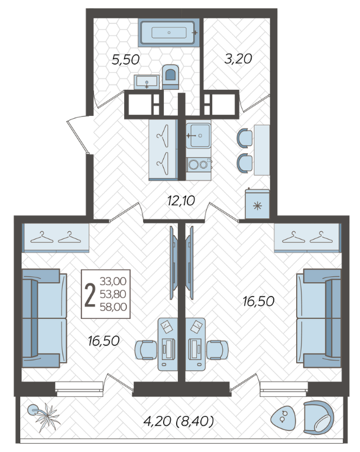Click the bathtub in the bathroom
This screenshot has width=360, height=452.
click(168, 33)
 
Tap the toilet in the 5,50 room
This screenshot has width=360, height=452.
click(170, 77)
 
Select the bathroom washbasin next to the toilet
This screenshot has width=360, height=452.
click(147, 82)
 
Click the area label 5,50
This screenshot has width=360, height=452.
click(125, 60)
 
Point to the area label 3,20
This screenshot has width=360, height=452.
click(238, 59)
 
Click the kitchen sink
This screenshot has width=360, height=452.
click(199, 135)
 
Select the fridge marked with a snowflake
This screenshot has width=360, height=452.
click(257, 204)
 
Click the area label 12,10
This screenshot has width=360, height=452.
click(181, 201)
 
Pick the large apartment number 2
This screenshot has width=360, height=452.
click(90, 295)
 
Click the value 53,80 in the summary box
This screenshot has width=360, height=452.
click(113, 294)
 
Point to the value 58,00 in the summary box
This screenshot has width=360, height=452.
click(113, 306)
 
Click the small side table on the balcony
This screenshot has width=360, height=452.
click(283, 417)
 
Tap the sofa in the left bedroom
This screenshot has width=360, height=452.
click(44, 318)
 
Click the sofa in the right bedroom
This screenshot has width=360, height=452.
click(319, 318)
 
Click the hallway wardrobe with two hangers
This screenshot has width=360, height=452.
click(163, 150)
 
